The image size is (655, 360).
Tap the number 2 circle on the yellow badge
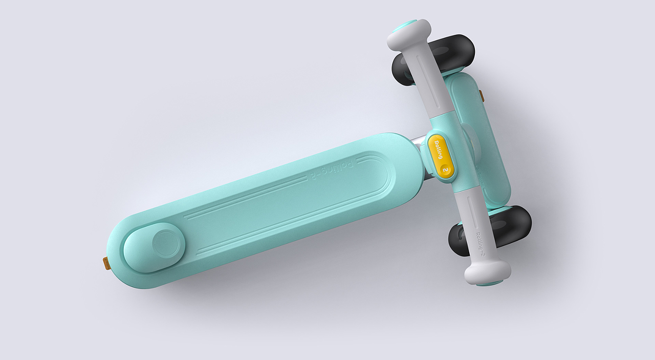(446, 170)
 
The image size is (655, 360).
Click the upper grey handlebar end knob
(408, 36)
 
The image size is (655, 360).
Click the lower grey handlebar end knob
(487, 271)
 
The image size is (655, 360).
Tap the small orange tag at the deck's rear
(106, 263)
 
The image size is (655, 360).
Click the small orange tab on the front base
(481, 96)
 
